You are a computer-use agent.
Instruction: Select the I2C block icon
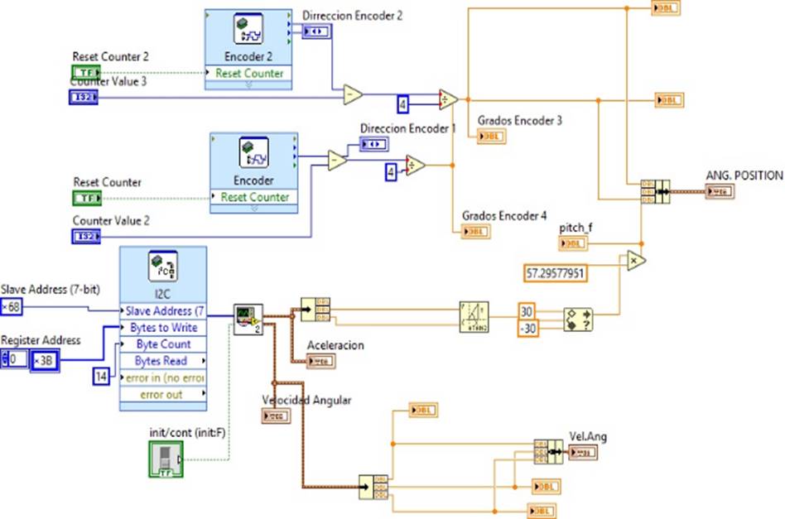tap(162, 270)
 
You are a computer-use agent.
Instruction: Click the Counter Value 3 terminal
tap(84, 98)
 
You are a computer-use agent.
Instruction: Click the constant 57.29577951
tap(556, 272)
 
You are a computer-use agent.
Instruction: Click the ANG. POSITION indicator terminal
tap(719, 192)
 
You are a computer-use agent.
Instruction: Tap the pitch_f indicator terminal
tap(573, 243)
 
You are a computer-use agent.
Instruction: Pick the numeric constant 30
tap(527, 311)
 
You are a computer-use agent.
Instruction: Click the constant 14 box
tap(100, 377)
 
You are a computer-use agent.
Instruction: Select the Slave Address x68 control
tap(12, 308)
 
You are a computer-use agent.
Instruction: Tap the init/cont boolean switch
tap(162, 459)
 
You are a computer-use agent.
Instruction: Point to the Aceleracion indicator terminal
tap(321, 361)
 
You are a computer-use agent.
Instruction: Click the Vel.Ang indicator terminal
tap(583, 452)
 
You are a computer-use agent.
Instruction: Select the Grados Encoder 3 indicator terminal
tap(491, 137)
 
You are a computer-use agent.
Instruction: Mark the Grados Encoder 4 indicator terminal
tap(476, 232)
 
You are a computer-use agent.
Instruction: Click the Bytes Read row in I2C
tap(162, 361)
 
